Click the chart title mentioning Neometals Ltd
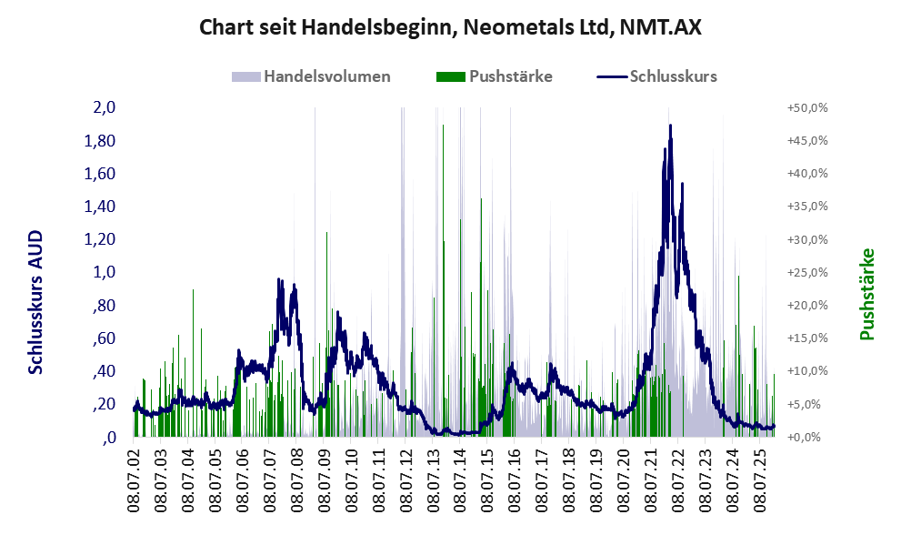click(x=450, y=28)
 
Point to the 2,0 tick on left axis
click(x=104, y=107)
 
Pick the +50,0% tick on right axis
click(x=806, y=107)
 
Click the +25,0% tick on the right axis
click(x=806, y=272)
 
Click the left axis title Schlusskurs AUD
click(x=35, y=302)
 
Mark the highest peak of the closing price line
click(x=670, y=126)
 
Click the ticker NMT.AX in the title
click(x=659, y=28)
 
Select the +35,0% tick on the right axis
click(x=806, y=207)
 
